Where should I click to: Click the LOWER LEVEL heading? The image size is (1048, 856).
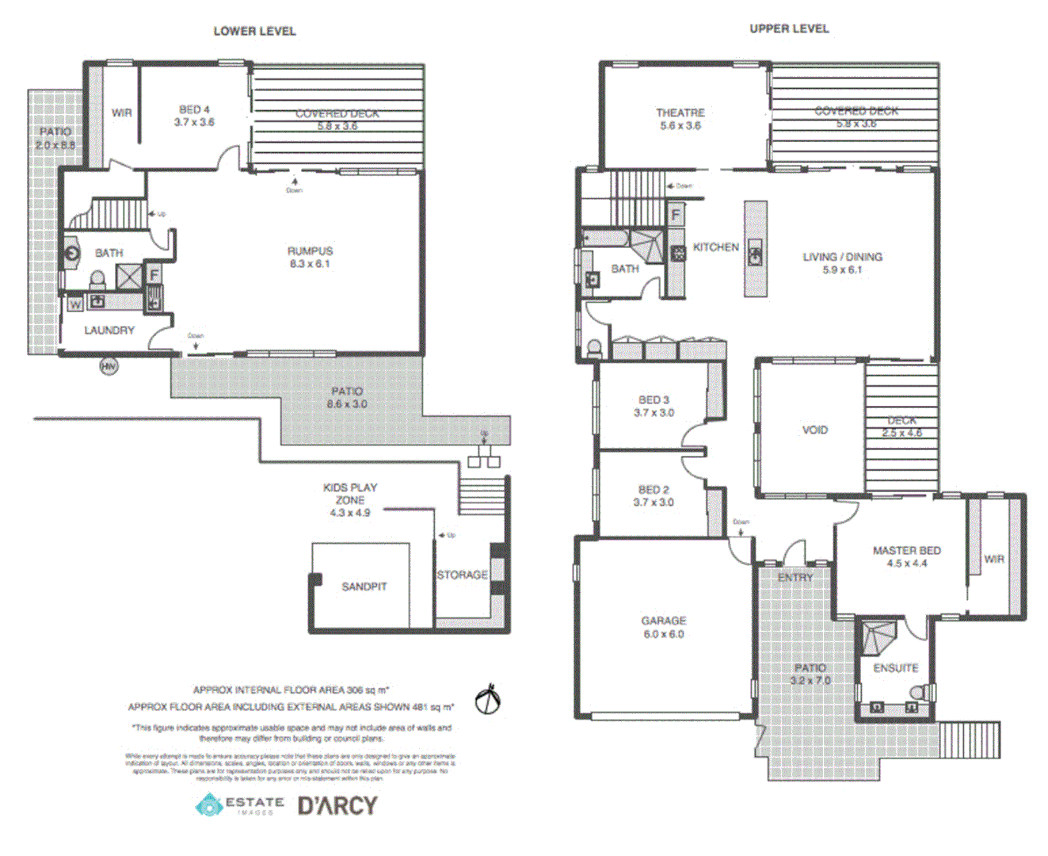click(x=254, y=31)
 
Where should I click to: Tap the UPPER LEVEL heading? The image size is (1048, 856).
click(x=789, y=29)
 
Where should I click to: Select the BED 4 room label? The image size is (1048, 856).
click(x=194, y=116)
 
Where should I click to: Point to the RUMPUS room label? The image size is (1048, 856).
click(x=310, y=257)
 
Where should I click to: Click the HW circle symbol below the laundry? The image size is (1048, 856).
click(x=108, y=366)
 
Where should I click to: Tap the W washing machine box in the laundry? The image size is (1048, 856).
click(x=75, y=304)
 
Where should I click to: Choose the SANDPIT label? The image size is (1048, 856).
click(x=364, y=587)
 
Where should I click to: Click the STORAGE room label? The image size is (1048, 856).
click(x=462, y=575)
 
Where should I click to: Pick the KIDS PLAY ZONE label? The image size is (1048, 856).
click(x=350, y=499)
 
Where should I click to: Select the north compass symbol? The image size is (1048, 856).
click(x=488, y=700)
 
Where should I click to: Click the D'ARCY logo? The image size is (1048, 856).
click(x=337, y=806)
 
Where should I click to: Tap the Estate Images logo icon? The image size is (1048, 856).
click(x=210, y=805)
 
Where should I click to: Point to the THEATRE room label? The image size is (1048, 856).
click(x=680, y=119)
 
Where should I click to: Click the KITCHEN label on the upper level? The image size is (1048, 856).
click(x=715, y=247)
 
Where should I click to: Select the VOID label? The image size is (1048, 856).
click(x=814, y=430)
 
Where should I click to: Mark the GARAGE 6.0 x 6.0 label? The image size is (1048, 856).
click(x=663, y=627)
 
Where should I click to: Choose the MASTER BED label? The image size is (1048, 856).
click(x=906, y=556)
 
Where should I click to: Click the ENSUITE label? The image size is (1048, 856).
click(x=895, y=668)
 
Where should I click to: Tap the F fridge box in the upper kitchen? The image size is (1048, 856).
click(x=676, y=215)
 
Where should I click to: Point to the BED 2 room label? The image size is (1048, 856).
click(x=654, y=495)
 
